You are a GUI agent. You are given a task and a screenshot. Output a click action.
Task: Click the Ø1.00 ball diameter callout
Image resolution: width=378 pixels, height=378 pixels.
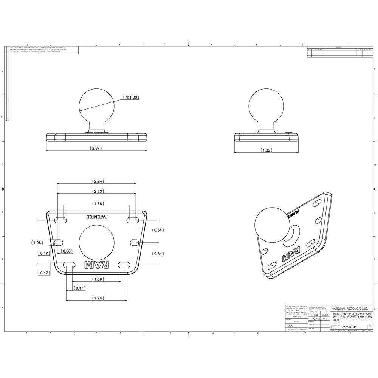[132, 98]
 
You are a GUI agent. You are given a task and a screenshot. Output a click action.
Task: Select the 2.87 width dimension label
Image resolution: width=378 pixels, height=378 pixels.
[97, 148]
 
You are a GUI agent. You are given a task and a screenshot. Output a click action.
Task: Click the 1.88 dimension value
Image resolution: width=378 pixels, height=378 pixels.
[98, 204]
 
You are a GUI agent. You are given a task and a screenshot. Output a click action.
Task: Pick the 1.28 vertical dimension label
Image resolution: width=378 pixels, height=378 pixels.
[37, 242]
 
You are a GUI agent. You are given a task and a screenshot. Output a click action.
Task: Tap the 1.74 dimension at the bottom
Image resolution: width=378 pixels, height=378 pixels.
[97, 298]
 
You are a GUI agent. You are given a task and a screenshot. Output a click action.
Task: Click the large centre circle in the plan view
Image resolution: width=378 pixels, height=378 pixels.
[96, 242]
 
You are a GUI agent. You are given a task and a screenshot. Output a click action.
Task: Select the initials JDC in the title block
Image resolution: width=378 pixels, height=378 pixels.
[316, 314]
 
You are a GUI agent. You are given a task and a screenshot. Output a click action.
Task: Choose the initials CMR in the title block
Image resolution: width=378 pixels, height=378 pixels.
[316, 319]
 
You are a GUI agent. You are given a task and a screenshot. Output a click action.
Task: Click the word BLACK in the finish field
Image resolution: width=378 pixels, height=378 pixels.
[290, 325]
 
